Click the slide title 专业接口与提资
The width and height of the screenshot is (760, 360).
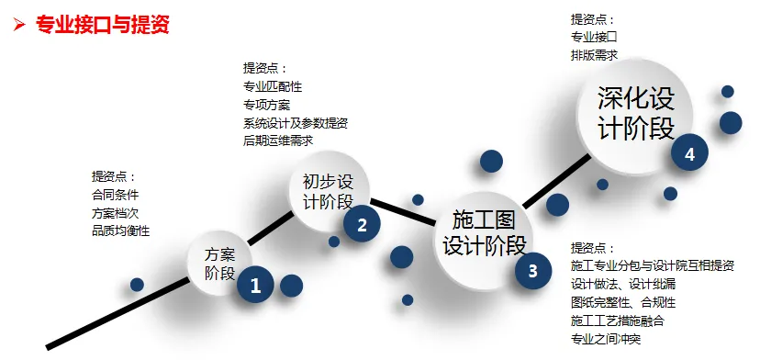pos(102,25)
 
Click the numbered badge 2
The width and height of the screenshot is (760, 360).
pos(362,224)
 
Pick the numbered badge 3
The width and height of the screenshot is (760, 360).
pos(532,270)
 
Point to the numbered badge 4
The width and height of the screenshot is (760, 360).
pos(689,154)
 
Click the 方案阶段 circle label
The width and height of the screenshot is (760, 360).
pos(220,264)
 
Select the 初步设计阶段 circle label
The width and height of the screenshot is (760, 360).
pos(327,191)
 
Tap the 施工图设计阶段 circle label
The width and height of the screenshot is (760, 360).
pos(484,233)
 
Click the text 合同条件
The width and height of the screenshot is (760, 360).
pos(114,195)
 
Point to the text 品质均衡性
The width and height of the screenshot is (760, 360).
pos(119,231)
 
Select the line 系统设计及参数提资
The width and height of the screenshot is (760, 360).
pos(295,123)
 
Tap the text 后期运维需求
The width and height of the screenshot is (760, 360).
pos(278,141)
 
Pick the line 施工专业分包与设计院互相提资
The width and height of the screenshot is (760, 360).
pos(652,266)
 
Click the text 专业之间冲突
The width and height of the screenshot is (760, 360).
pos(605,339)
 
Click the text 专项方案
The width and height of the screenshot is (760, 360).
pos(266,105)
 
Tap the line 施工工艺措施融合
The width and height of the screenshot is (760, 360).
pos(617,321)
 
